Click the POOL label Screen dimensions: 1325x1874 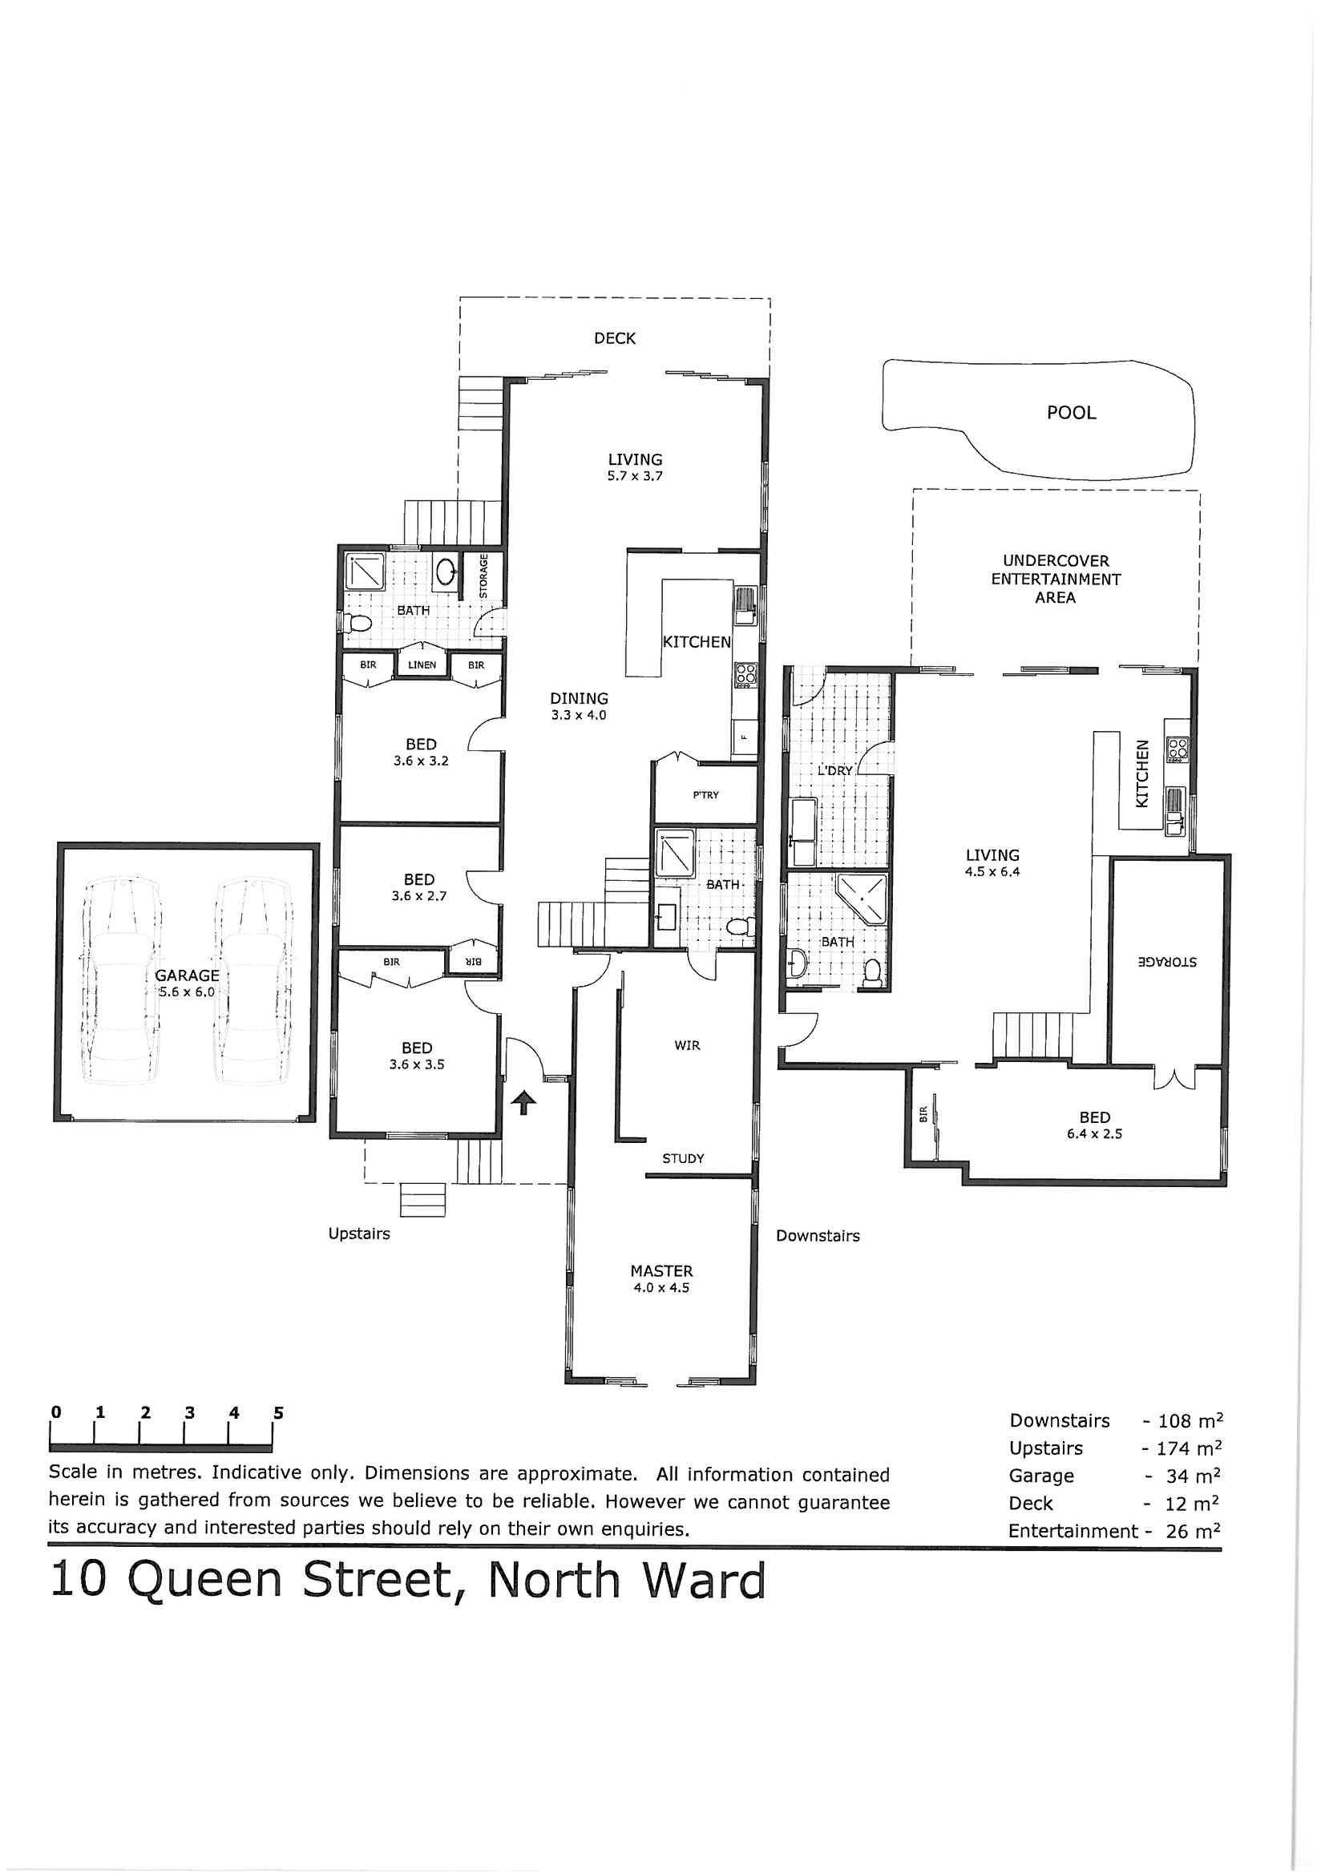click(1071, 413)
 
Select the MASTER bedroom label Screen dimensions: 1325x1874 click(661, 1270)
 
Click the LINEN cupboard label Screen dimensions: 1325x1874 click(422, 665)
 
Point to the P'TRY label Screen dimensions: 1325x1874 click(705, 795)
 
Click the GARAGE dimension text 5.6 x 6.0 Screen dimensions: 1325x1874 click(187, 992)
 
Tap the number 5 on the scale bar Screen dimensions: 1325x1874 click(278, 1413)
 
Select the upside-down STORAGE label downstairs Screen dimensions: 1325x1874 click(1167, 963)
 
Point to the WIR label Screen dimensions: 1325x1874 click(687, 1045)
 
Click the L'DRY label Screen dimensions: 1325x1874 click(835, 770)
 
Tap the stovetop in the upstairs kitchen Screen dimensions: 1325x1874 click(746, 676)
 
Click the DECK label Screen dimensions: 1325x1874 click(614, 339)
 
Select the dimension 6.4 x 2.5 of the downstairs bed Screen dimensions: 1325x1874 click(1094, 1133)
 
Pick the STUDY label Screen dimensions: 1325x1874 click(682, 1158)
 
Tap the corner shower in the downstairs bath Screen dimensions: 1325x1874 click(862, 899)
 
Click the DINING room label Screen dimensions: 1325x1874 click(579, 699)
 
